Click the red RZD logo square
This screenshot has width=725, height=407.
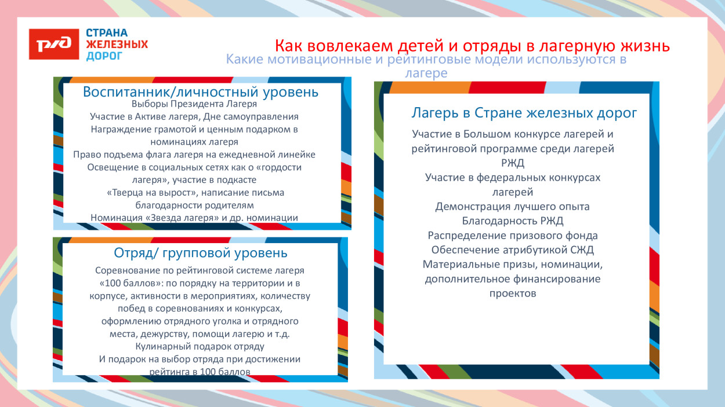54,44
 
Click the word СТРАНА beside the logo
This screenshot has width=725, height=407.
107,33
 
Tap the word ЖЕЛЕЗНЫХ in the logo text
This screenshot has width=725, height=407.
117,45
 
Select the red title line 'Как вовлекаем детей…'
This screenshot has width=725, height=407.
472,45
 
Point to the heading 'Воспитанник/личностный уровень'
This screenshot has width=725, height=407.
201,92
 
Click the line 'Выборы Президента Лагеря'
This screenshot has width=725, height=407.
194,104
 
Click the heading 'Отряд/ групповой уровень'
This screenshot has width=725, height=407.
201,253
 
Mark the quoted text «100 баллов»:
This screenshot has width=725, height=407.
126,283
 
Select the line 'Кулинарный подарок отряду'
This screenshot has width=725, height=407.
200,346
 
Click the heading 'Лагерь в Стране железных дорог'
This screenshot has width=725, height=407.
524,113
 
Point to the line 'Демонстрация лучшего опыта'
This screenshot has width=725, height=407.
512,206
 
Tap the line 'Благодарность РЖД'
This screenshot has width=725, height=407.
512,221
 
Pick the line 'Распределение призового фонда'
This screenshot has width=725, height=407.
512,235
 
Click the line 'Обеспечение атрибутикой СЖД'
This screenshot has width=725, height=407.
512,250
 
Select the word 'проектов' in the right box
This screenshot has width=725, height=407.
512,293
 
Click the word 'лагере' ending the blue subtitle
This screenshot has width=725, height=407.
426,74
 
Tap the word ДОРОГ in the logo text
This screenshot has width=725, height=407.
104,56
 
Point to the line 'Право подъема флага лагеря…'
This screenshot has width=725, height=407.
194,155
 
